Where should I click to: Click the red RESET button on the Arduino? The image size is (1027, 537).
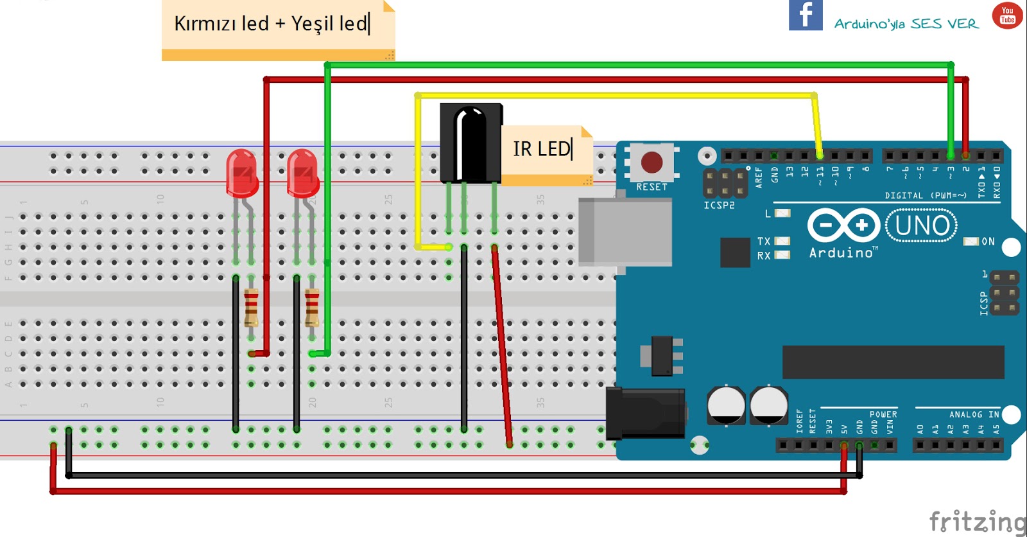click(x=652, y=162)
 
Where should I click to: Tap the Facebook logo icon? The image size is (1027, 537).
click(x=806, y=15)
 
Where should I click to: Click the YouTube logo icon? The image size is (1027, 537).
click(x=1007, y=15)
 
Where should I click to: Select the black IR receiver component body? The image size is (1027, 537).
click(x=470, y=143)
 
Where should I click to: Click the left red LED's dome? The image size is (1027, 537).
click(x=242, y=172)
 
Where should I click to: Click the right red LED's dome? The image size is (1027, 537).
click(x=302, y=172)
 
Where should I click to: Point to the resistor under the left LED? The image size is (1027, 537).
click(x=251, y=308)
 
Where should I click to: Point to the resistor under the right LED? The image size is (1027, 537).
click(x=312, y=308)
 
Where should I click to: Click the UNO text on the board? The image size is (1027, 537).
click(x=922, y=225)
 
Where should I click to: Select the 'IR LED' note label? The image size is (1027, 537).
click(x=542, y=149)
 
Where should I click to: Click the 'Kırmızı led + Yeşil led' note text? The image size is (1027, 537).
click(x=272, y=24)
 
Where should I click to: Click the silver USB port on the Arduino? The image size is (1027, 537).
click(x=624, y=232)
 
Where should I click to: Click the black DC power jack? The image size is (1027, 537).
click(x=644, y=413)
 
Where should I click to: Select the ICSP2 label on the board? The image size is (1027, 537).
click(x=719, y=206)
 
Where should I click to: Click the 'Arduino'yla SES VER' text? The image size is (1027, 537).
click(x=906, y=24)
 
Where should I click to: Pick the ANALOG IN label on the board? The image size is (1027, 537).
click(x=974, y=414)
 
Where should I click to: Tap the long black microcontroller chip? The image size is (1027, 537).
click(x=893, y=362)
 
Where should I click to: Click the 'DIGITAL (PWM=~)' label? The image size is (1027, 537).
click(x=925, y=195)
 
